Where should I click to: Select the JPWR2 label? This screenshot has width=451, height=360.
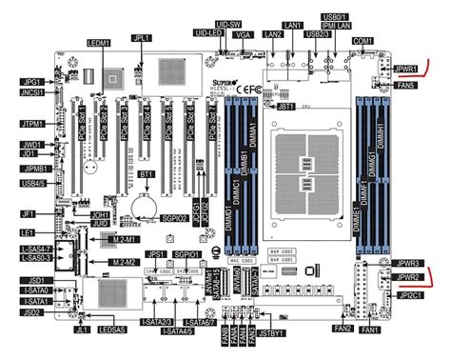click(x=410, y=277)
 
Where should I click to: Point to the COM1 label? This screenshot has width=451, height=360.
click(x=363, y=41)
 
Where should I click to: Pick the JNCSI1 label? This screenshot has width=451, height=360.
click(x=32, y=94)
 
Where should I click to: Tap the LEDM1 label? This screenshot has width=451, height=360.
click(x=99, y=44)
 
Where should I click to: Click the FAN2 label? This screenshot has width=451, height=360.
click(x=343, y=329)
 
